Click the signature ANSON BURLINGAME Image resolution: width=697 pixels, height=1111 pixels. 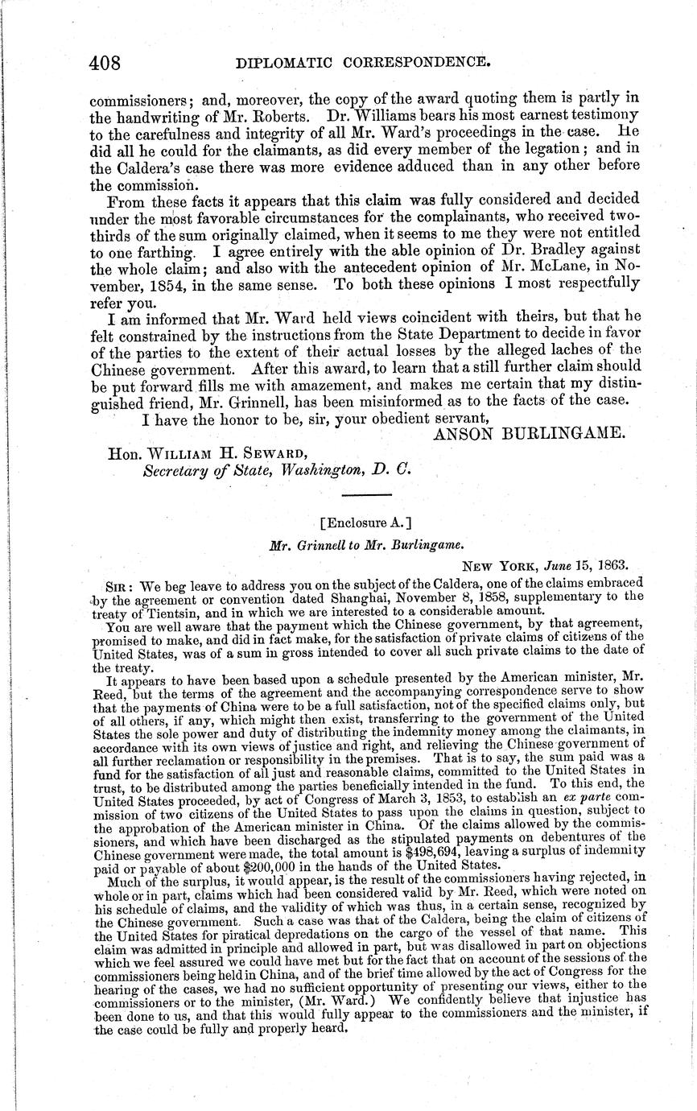pos(529,434)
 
